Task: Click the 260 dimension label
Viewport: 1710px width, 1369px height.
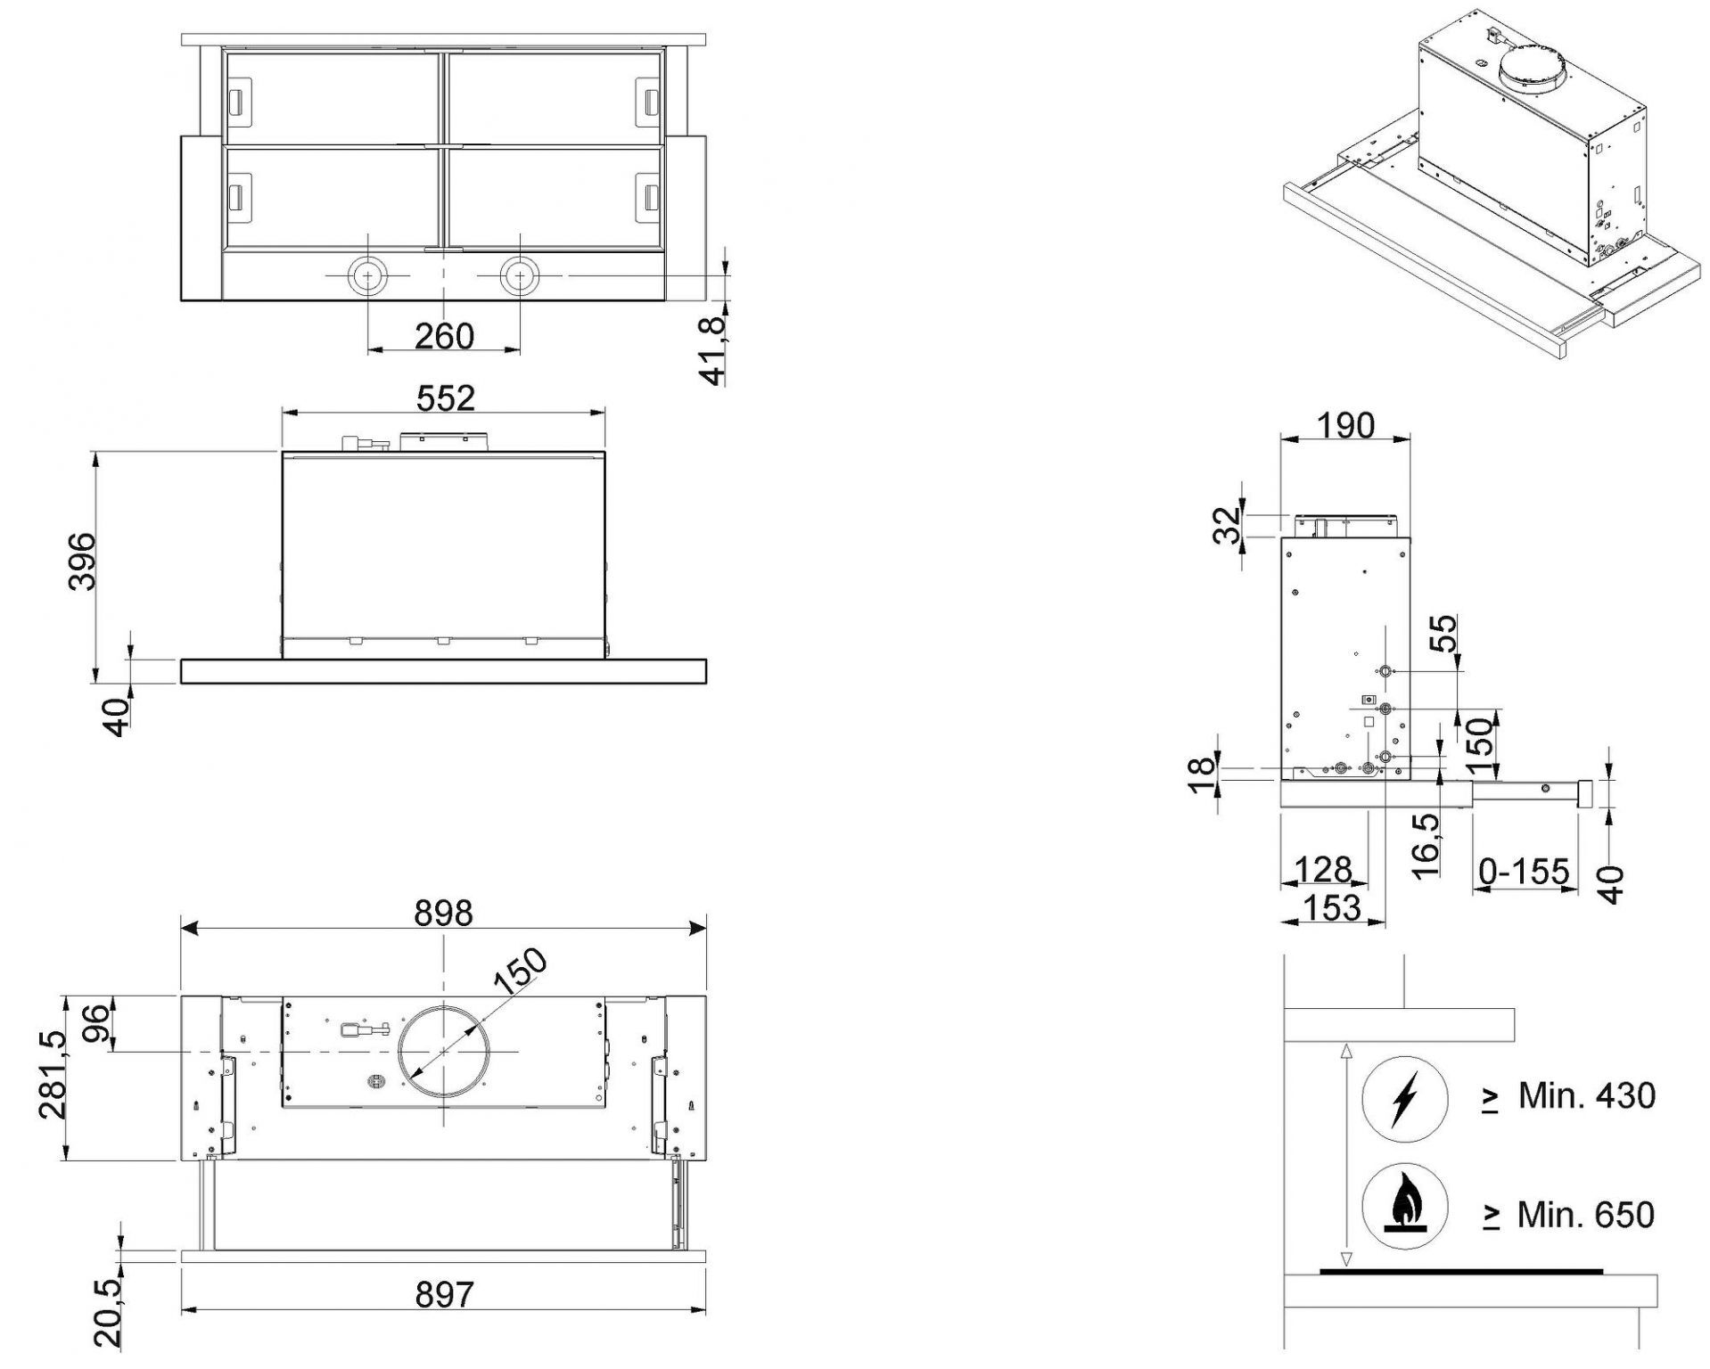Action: coord(444,336)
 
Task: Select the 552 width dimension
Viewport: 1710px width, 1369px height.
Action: coord(446,398)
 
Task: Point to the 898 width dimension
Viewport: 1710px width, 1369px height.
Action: coord(444,914)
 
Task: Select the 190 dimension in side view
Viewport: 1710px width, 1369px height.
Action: coord(1345,425)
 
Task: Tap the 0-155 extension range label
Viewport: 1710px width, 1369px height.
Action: coord(1524,871)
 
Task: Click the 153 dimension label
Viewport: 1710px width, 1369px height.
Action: coord(1332,908)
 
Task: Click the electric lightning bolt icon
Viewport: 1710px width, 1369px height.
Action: coord(1404,1100)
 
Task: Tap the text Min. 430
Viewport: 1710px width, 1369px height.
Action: coord(1586,1096)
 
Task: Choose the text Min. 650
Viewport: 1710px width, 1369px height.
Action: coord(1586,1214)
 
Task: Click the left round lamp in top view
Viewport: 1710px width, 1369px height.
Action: coord(366,275)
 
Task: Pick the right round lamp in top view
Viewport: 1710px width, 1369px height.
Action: coord(519,275)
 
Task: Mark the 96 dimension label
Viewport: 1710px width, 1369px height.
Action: coord(98,1023)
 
